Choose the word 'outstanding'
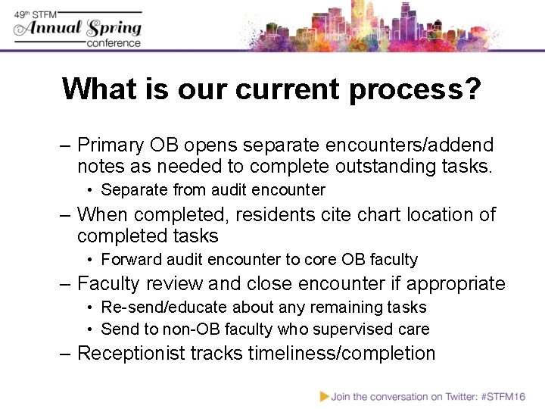click(380, 165)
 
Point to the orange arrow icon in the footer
click(325, 395)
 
